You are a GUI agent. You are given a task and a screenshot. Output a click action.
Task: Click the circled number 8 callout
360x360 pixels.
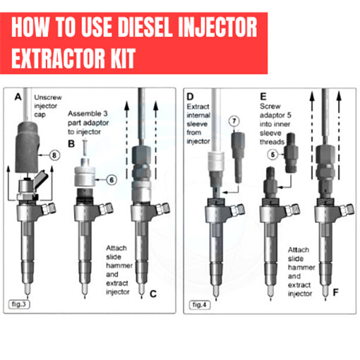54,155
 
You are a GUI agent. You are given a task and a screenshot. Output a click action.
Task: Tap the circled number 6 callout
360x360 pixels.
112,180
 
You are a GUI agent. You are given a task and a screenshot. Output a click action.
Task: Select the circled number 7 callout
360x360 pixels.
234,121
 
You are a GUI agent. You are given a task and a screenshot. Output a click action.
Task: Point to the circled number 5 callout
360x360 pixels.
272,155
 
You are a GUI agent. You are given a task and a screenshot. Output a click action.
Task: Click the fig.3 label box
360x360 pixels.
19,304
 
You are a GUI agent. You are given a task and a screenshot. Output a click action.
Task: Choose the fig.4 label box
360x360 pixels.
200,305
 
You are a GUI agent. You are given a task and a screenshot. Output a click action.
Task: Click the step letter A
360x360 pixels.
18,97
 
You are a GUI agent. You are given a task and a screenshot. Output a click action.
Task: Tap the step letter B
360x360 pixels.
71,143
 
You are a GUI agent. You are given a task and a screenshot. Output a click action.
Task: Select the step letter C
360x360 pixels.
153,294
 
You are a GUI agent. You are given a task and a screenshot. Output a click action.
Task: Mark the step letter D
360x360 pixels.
190,97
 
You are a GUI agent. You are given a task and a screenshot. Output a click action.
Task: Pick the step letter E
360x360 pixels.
263,97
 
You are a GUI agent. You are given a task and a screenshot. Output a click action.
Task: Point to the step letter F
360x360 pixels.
336,292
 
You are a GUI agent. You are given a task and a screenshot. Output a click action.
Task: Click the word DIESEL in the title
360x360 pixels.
144,28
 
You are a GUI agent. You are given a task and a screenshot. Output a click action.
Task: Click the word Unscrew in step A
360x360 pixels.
48,97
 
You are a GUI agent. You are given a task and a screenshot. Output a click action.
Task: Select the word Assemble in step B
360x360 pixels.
83,114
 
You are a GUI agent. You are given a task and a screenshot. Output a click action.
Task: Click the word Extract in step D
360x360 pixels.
198,107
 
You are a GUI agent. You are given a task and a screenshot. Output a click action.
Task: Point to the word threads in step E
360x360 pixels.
272,142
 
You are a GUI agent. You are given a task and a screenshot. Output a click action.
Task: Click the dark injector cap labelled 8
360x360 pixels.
27,147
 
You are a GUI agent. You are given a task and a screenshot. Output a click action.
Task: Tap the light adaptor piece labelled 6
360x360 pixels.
85,176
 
